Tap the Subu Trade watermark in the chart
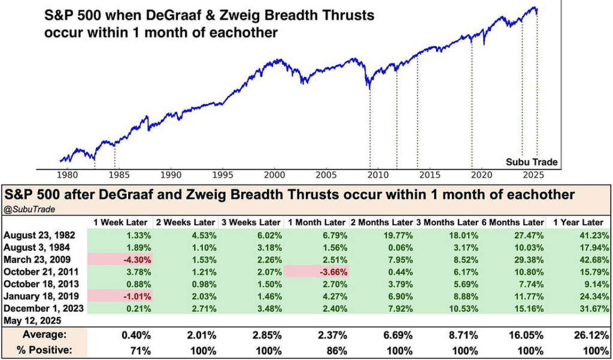532,162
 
